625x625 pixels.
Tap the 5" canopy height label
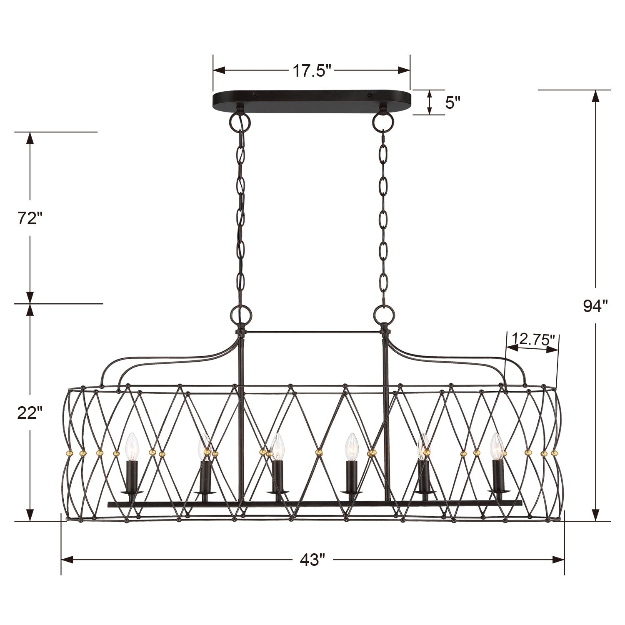452,102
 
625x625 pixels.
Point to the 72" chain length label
30,218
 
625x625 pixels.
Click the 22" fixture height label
30,412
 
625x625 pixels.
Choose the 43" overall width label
312,560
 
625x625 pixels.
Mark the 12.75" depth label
533,338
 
